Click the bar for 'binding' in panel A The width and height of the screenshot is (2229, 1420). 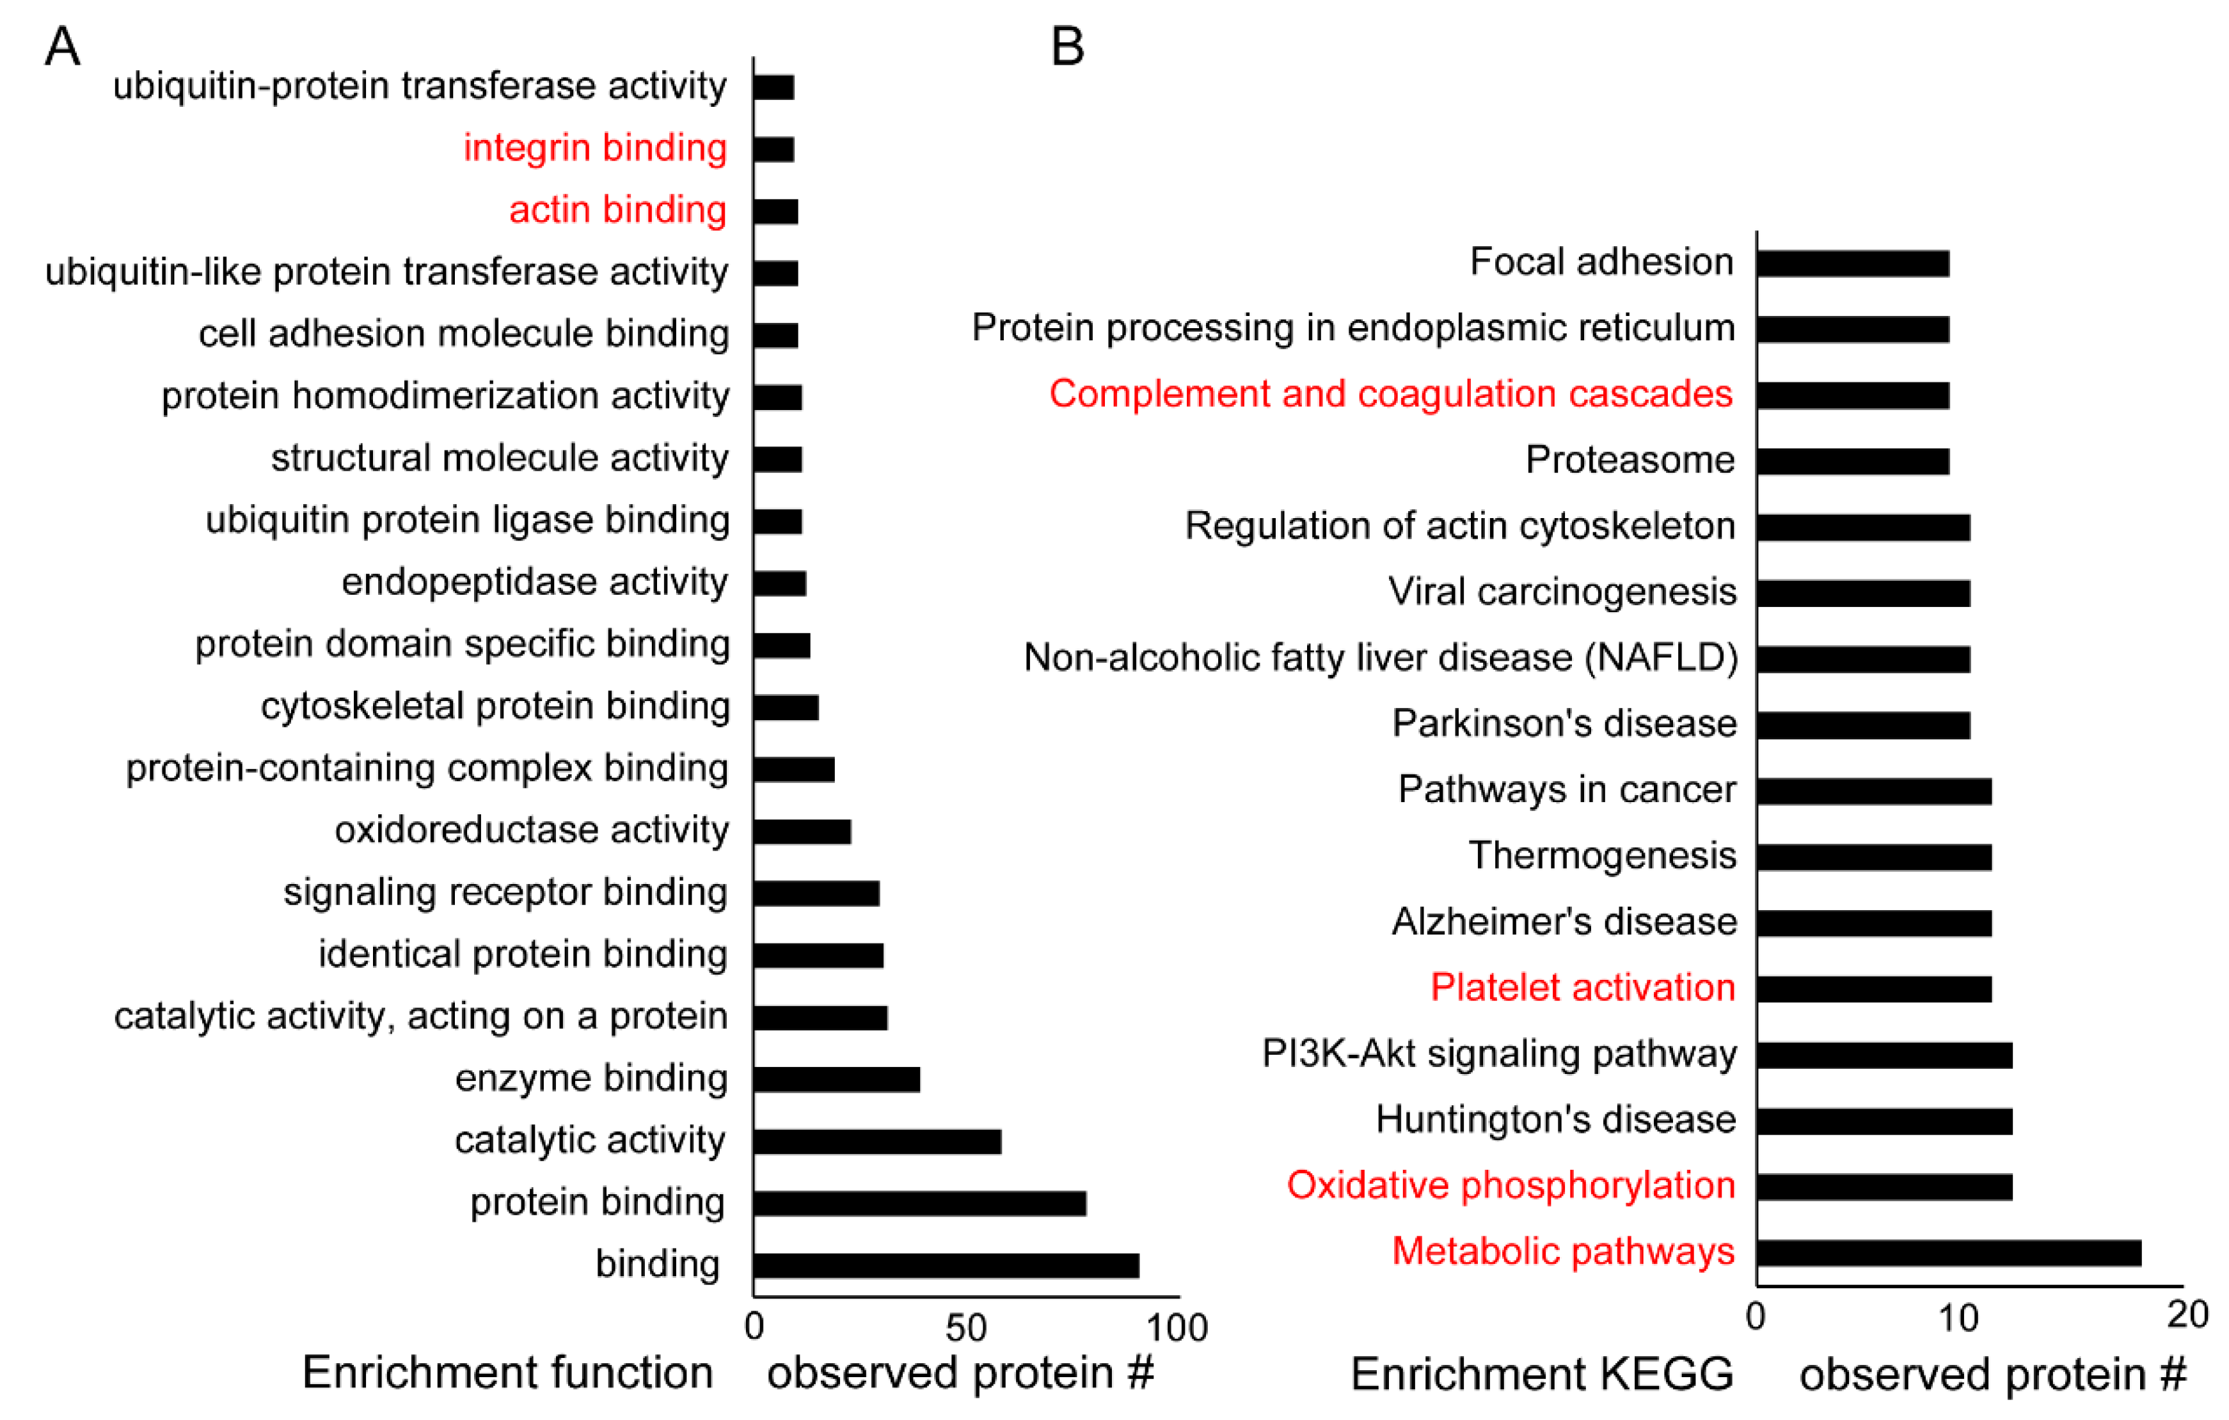click(x=946, y=1265)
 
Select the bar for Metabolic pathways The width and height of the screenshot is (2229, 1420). click(x=1949, y=1252)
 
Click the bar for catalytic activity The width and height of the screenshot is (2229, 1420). click(x=877, y=1141)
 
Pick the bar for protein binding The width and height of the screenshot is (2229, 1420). click(x=919, y=1203)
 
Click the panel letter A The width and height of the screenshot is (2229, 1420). click(x=62, y=46)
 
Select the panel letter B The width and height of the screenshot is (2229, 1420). click(x=1067, y=46)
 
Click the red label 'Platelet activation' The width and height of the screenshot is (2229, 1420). click(x=1583, y=988)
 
